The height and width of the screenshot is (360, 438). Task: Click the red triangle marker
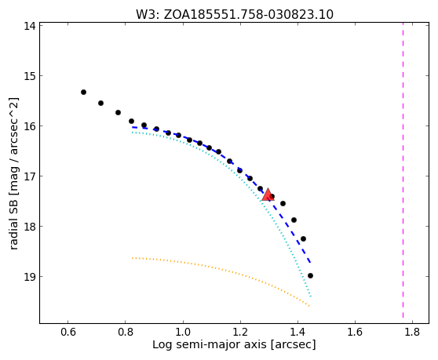click(268, 195)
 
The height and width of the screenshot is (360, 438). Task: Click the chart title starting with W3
click(235, 15)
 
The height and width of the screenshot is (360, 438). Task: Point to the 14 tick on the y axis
click(29, 26)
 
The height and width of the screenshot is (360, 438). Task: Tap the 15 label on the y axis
click(29, 76)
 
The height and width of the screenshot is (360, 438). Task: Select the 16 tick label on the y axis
click(29, 126)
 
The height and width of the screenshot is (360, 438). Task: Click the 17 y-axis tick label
click(29, 176)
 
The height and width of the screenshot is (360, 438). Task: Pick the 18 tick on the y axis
click(29, 227)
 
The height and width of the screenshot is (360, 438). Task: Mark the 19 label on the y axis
click(29, 277)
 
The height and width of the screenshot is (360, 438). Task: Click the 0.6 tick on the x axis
click(68, 332)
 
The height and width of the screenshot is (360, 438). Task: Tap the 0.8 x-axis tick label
click(126, 332)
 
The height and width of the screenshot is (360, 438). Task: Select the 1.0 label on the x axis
click(183, 332)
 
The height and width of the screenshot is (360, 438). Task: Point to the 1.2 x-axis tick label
click(240, 332)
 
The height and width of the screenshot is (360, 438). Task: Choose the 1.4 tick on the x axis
click(297, 332)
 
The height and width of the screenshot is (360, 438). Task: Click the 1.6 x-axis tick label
click(355, 332)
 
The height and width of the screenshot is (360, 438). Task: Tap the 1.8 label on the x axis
click(412, 332)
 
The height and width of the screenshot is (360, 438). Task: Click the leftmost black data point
click(83, 92)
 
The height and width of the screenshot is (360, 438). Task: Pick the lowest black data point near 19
click(310, 276)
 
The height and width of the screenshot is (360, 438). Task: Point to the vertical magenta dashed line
click(403, 171)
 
